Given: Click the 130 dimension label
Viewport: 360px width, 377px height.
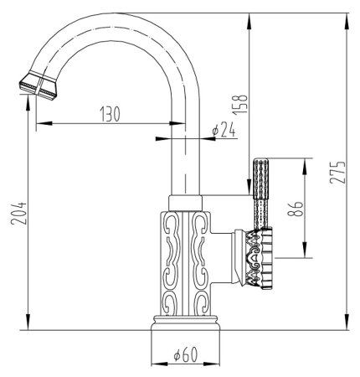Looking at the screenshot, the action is (x=111, y=114).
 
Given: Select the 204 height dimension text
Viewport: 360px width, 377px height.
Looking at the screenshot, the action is (x=19, y=214).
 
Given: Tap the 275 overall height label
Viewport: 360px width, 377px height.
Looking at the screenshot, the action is (x=337, y=172).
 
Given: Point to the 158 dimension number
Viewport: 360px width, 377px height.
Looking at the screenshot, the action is (x=240, y=105).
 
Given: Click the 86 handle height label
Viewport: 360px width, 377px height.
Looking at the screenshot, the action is (x=295, y=209).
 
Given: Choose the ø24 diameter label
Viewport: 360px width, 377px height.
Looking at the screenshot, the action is (x=224, y=130).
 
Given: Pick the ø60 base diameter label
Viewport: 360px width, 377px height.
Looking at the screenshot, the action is (x=186, y=354).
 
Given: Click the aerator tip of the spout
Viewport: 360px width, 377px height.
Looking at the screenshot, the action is (x=39, y=85).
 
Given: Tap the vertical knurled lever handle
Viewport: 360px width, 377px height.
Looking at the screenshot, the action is (x=260, y=194).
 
